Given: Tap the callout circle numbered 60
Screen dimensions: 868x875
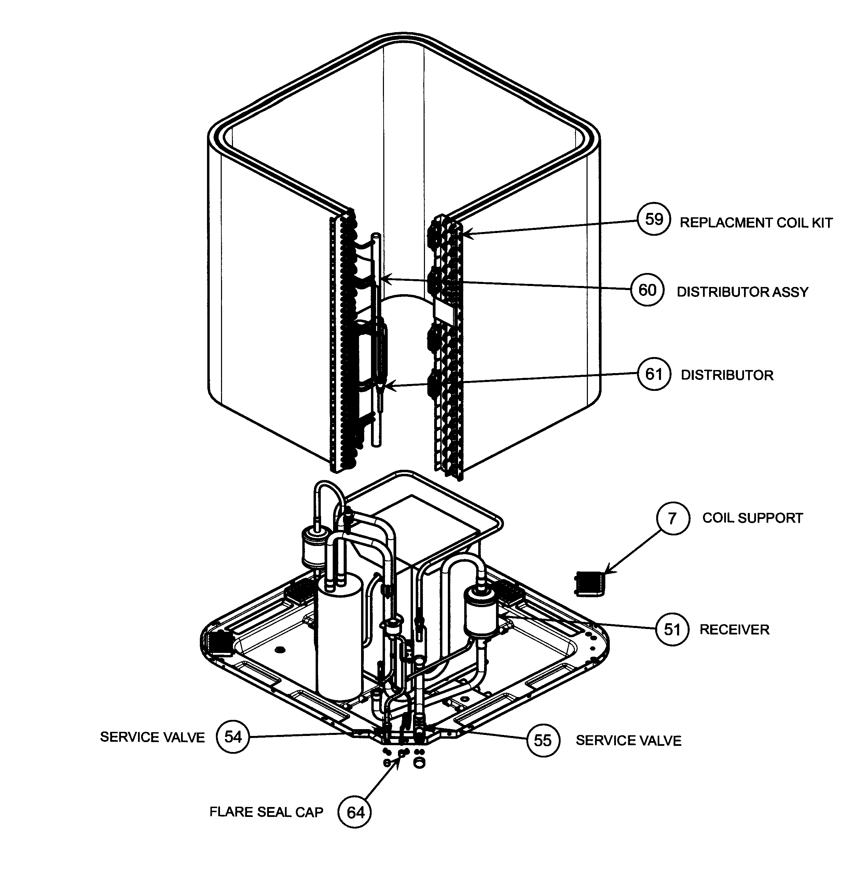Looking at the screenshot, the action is coord(647,290).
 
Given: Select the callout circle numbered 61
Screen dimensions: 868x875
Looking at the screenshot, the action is coord(654,374).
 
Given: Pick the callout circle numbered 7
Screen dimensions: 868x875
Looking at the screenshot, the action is coord(673,518).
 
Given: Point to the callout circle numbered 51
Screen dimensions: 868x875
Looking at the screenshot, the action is coord(672,629).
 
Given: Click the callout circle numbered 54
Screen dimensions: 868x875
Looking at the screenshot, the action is coord(233,737).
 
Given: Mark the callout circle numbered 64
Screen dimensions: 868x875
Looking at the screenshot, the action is coord(355,812).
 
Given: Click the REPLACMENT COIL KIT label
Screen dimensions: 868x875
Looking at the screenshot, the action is coord(756,223).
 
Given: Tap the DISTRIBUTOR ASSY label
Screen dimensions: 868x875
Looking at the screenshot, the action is coord(743,292).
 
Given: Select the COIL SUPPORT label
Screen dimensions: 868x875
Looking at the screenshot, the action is coord(753,518).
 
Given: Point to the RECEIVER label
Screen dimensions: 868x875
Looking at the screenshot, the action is coord(734,630).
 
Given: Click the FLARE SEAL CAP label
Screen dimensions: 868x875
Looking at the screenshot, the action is coord(266,812).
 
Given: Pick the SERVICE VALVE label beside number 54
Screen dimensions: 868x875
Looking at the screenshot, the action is coord(152,737).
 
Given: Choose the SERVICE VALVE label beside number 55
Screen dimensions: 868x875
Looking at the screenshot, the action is coord(629,740).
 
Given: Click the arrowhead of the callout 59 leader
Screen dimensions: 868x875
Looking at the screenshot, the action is coord(466,234).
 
